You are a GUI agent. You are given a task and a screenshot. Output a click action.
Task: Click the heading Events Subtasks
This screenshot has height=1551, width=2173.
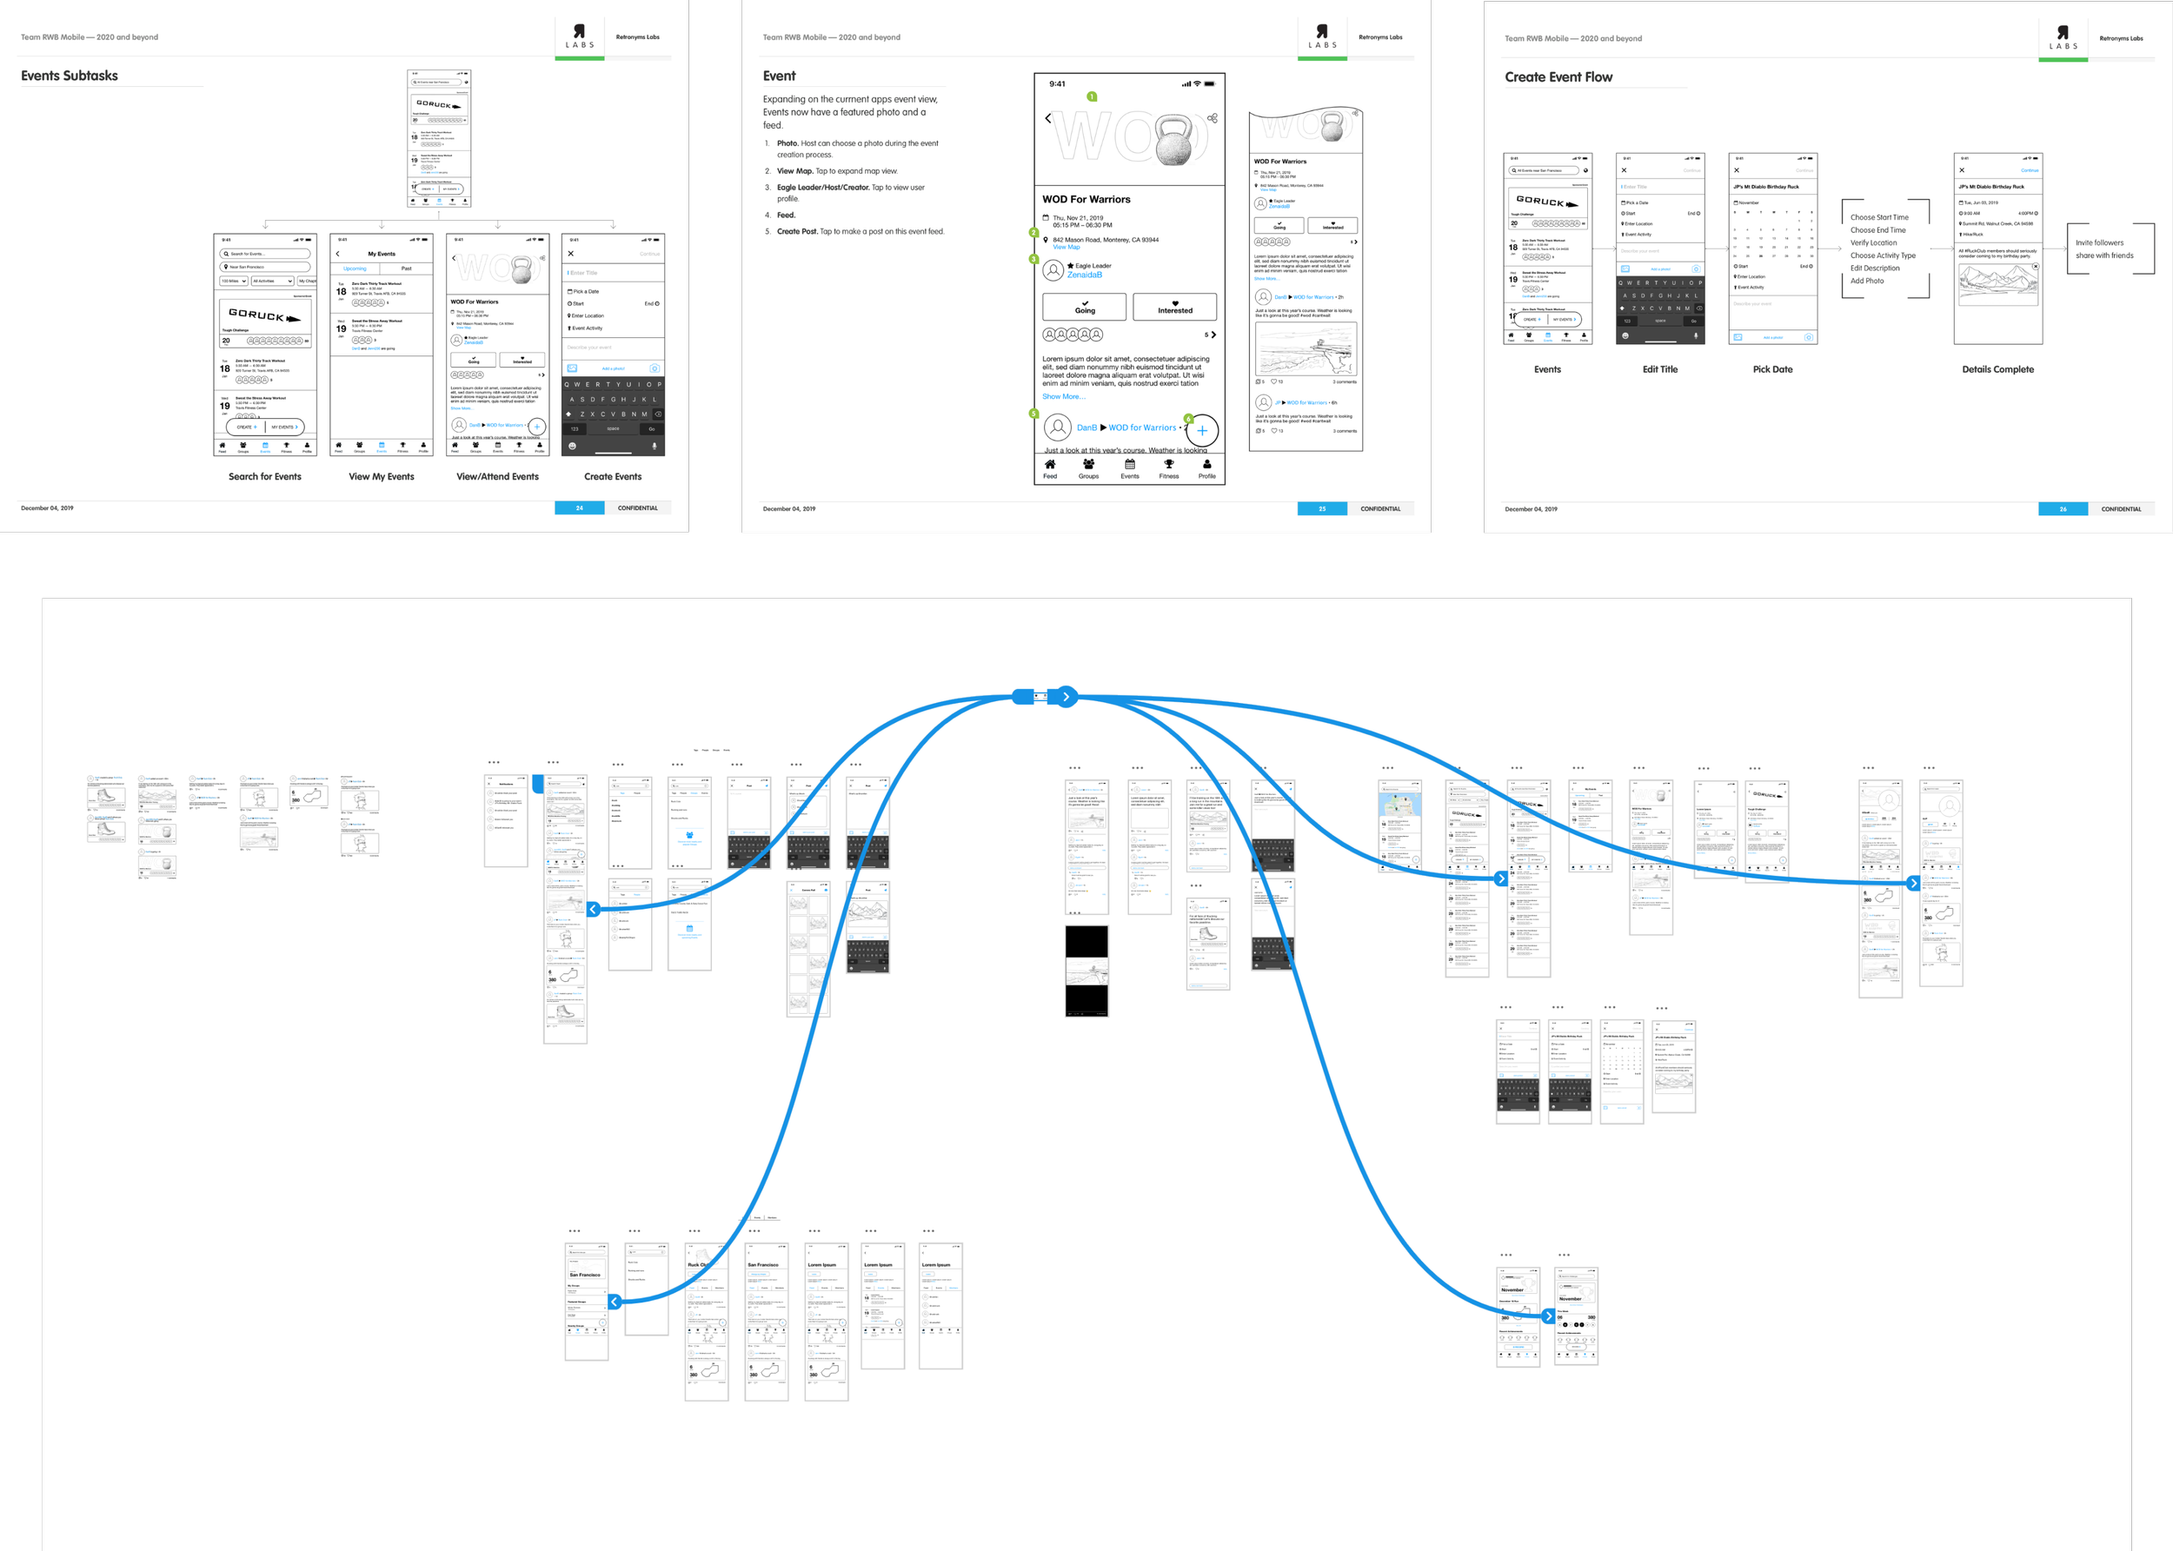click(70, 76)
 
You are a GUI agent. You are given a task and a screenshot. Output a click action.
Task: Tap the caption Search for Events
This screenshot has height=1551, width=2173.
click(264, 476)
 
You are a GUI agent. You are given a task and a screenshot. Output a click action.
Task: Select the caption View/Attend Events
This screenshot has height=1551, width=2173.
click(498, 476)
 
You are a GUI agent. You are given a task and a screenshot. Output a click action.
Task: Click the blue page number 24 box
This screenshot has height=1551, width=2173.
click(579, 508)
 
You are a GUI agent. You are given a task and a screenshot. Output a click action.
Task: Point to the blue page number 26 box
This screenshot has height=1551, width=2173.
click(2063, 509)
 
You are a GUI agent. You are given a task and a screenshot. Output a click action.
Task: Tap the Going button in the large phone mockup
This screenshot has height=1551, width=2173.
click(1084, 307)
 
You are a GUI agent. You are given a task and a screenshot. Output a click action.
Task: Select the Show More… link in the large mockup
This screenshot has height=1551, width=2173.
click(1063, 396)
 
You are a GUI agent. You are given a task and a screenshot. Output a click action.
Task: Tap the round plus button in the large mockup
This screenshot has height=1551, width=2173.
click(1201, 431)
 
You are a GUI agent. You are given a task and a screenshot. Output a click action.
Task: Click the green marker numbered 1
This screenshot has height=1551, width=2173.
click(1092, 96)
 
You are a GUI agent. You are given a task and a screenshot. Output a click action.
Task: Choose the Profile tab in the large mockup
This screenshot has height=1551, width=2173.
click(1207, 468)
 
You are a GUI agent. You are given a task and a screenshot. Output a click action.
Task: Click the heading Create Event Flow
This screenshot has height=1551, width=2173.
click(1558, 77)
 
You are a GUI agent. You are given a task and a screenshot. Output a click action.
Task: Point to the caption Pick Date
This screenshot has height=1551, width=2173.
click(1773, 369)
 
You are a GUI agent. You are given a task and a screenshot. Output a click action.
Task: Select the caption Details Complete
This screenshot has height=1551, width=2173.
click(1997, 369)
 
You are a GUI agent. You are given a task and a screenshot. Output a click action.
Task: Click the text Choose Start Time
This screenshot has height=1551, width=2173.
click(1879, 218)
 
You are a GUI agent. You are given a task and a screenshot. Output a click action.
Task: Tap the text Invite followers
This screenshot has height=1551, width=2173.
click(2098, 242)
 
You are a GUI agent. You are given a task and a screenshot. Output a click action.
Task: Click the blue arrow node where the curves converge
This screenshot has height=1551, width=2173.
click(1066, 697)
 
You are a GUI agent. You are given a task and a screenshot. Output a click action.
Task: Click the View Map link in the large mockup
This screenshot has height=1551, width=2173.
click(1066, 248)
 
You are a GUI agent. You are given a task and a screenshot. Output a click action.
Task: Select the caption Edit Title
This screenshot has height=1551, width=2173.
click(1660, 369)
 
